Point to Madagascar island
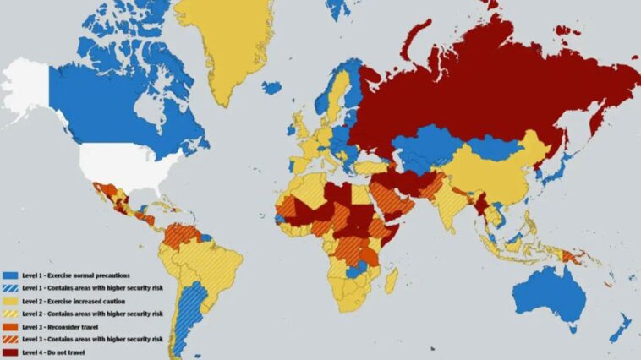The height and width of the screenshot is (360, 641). pyautogui.click(x=392, y=278)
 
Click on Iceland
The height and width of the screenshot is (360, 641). pyautogui.click(x=271, y=87)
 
